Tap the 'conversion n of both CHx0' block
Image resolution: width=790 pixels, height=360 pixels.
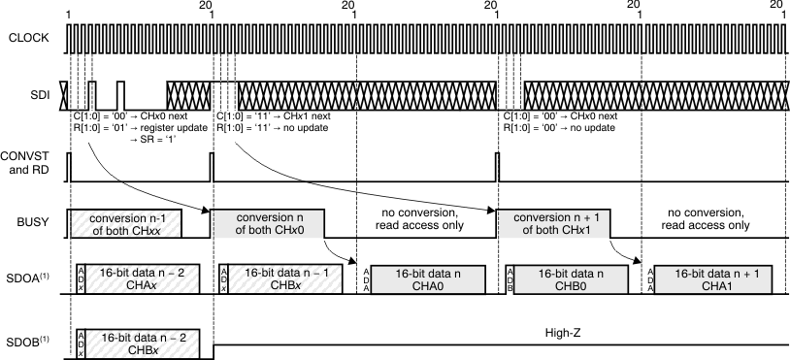(267, 224)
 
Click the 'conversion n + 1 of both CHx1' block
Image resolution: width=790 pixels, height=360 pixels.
(554, 224)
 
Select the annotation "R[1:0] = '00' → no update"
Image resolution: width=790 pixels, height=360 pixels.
(560, 128)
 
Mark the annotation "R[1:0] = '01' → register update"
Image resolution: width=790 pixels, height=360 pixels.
(135, 128)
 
